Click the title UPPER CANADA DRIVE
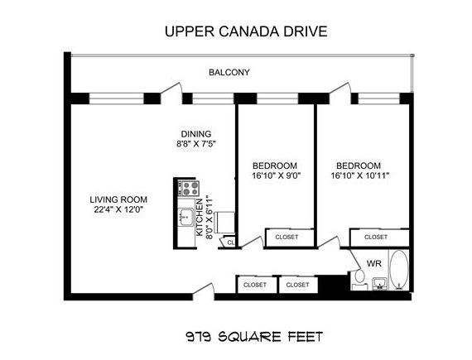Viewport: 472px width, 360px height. pos(246,31)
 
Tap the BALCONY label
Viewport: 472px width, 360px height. pos(229,73)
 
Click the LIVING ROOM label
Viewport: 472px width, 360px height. pos(118,199)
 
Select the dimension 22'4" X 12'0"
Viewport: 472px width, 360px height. pos(118,209)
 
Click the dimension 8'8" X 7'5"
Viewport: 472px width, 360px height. pos(196,144)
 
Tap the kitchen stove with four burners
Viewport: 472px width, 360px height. pos(189,188)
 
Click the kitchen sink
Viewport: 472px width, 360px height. pos(185,217)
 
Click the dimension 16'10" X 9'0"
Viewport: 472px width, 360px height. pos(277,175)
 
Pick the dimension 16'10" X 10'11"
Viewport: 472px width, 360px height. pos(360,175)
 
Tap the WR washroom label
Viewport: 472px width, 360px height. pos(373,263)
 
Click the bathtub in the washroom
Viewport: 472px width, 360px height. pos(399,270)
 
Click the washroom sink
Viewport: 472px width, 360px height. pos(380,284)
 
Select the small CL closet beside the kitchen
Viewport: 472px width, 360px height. pos(228,242)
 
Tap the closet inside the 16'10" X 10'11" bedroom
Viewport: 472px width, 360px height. pos(379,238)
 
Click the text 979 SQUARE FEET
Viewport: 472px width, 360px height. pos(254,337)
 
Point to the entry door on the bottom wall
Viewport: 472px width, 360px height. pos(204,291)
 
